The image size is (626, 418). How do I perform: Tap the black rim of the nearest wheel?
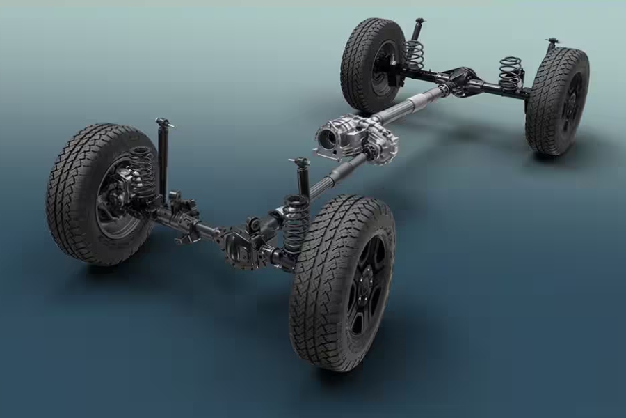(x=366, y=285)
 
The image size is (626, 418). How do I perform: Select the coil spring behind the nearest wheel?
(x=296, y=223)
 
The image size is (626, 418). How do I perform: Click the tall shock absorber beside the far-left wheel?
(x=163, y=160)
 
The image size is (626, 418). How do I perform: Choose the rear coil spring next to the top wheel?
(x=415, y=56)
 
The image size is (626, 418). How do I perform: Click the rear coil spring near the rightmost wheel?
(x=510, y=74)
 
